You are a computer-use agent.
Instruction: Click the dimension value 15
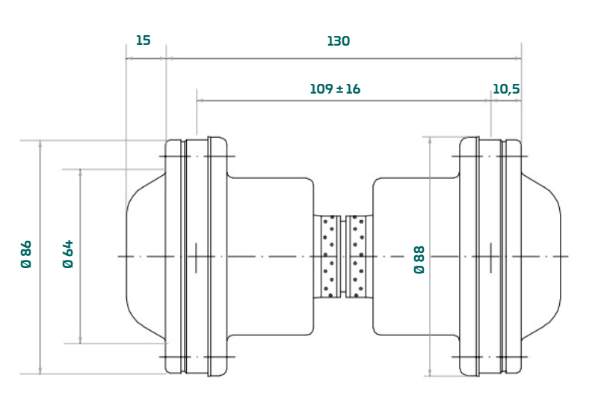tap(143, 40)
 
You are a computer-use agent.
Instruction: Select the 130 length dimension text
tap(338, 41)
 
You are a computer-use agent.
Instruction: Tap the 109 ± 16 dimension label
tap(335, 89)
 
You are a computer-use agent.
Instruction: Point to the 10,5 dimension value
tap(506, 89)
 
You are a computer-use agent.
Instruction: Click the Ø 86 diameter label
tap(26, 255)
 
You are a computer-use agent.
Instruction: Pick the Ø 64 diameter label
tap(68, 255)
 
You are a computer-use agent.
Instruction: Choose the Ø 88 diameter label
tap(419, 259)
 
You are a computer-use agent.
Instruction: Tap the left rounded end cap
tap(146, 256)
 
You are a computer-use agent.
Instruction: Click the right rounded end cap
tap(540, 256)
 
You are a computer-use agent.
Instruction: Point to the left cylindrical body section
tap(269, 256)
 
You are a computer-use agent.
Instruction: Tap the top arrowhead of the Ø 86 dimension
tap(40, 143)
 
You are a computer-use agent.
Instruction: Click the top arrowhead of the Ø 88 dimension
tap(431, 140)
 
